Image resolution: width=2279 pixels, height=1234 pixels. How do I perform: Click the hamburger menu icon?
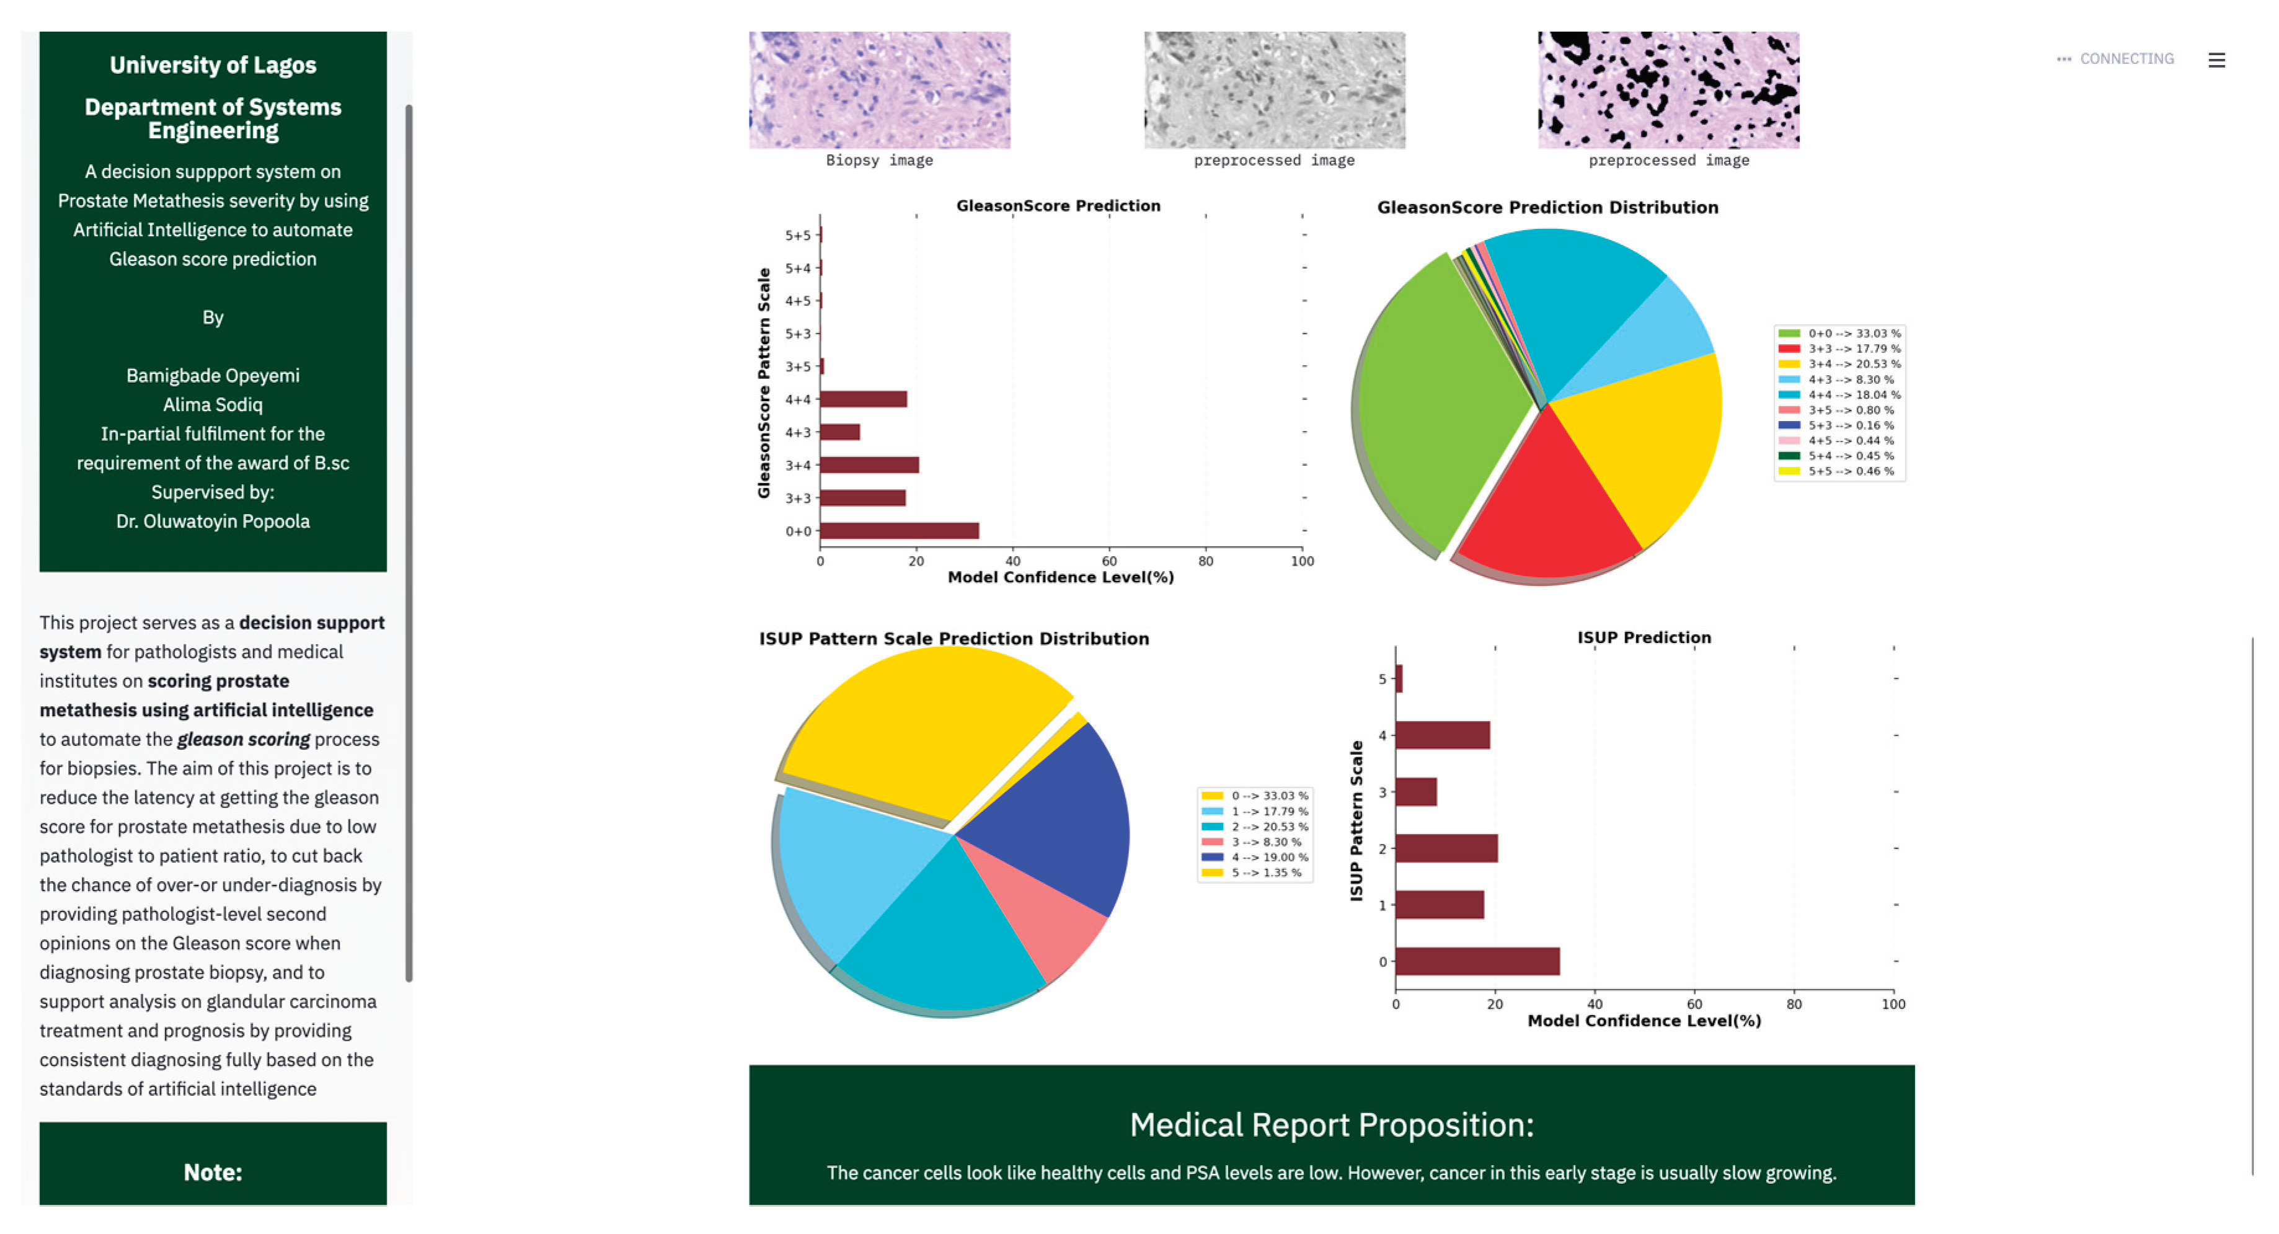tap(2216, 60)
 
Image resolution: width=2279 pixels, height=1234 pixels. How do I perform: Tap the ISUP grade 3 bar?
tap(1415, 792)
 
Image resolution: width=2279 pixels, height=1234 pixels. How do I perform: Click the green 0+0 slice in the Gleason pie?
tap(1442, 398)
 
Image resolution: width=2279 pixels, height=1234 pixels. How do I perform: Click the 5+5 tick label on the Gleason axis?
tap(797, 235)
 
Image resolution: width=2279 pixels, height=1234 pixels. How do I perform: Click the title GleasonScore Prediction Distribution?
tap(1547, 207)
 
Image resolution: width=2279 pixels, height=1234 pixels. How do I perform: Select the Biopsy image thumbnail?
tap(879, 91)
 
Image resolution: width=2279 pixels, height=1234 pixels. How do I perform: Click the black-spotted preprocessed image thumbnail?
tap(1668, 91)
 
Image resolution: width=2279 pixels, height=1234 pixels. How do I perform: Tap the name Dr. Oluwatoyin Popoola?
tap(213, 521)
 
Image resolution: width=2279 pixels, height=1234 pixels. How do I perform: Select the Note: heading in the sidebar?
tap(213, 1172)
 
